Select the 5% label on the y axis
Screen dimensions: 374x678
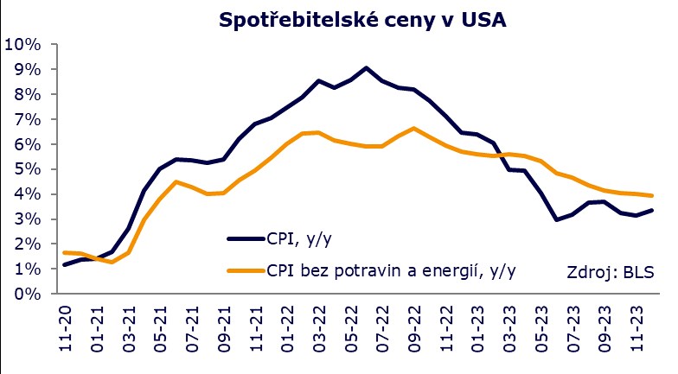27,169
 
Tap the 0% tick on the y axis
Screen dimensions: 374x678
27,294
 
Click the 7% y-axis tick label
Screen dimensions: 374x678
27,119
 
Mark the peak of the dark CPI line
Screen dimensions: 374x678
367,67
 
